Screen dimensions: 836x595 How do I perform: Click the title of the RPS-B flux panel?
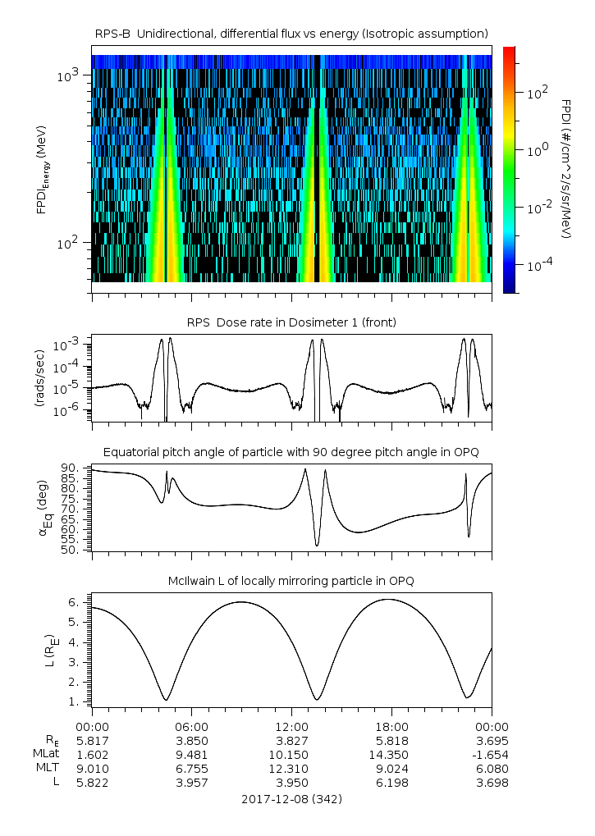tap(291, 33)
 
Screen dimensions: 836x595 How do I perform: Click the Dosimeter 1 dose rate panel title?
tap(291, 322)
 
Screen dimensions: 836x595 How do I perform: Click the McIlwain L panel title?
tap(291, 581)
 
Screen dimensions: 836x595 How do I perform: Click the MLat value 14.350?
tap(391, 754)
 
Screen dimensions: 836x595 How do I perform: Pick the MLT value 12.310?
tap(292, 768)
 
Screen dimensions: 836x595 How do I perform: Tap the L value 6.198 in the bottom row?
tap(391, 783)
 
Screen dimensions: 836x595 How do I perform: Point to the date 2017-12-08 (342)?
tap(291, 798)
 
